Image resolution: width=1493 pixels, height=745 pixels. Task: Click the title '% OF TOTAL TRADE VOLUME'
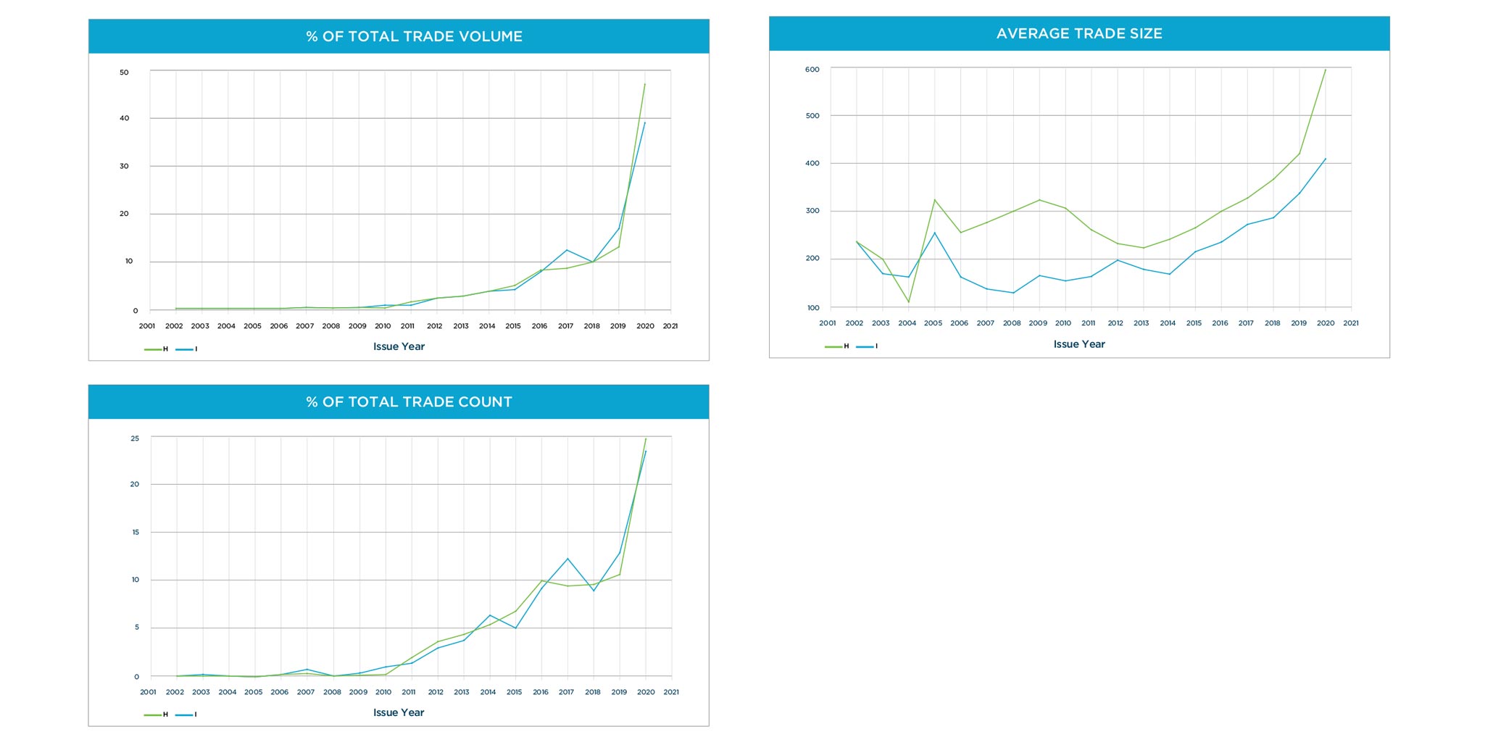tap(414, 36)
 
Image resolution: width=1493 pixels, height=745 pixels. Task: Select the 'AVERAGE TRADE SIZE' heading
tap(1078, 33)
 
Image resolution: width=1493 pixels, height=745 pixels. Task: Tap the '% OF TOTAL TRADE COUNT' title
tap(409, 402)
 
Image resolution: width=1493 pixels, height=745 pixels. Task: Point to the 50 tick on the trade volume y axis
tap(124, 72)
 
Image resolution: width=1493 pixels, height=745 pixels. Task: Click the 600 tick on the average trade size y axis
tap(812, 70)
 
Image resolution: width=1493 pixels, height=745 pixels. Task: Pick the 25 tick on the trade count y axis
tap(135, 438)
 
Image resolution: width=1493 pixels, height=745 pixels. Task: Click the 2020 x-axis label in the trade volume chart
tap(645, 326)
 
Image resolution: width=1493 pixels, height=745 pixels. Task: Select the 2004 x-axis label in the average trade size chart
tap(907, 323)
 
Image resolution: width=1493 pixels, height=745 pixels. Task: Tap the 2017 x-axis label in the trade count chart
tap(566, 692)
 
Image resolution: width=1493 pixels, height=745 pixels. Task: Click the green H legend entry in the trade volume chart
tap(157, 349)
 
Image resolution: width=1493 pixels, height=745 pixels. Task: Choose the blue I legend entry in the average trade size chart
tap(868, 346)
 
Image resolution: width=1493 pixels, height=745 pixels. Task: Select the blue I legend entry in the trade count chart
tap(186, 715)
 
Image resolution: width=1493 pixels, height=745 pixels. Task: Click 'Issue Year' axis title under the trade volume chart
tap(399, 346)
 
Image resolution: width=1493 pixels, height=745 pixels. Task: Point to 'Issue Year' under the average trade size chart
tap(1078, 344)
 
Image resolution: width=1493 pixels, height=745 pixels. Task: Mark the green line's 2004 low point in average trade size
tap(909, 302)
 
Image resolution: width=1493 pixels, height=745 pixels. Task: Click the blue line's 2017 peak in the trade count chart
tap(567, 559)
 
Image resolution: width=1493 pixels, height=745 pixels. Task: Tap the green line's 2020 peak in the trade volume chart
tap(645, 84)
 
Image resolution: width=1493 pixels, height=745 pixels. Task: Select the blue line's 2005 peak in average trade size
tap(935, 233)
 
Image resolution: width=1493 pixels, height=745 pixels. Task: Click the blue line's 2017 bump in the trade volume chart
tap(567, 250)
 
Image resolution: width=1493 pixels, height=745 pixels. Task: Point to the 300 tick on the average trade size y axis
tap(812, 211)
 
